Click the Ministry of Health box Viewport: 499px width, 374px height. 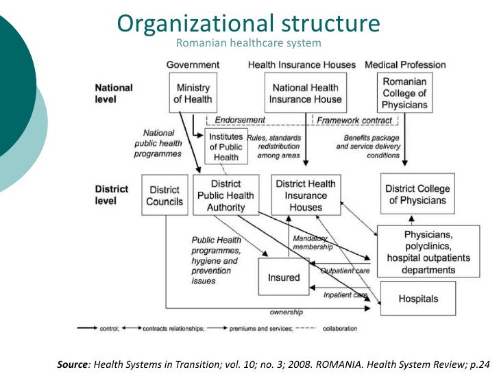pos(193,93)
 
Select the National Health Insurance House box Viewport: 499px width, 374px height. pos(306,93)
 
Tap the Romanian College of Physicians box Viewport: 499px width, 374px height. pos(405,93)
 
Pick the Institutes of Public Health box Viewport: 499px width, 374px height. pos(226,147)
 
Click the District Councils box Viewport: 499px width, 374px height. pos(165,195)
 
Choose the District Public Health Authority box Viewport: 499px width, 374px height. pos(226,195)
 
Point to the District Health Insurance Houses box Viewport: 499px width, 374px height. pos(306,195)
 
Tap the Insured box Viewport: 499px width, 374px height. pos(284,277)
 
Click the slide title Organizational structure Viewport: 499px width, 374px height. pos(248,23)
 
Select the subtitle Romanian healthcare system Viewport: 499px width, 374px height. pos(248,44)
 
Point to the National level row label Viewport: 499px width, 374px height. pos(114,93)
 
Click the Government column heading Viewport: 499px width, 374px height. pos(193,65)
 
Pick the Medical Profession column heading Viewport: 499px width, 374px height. pos(405,65)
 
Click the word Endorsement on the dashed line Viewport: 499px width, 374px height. pos(240,120)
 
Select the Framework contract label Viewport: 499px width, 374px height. pos(354,120)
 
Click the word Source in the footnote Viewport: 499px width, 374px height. pos(73,364)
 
